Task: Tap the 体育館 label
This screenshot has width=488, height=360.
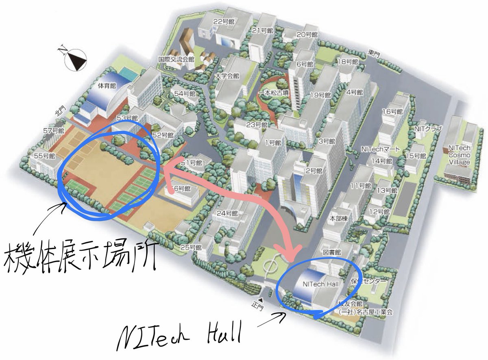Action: click(107, 86)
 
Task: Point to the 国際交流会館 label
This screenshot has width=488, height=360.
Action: click(176, 59)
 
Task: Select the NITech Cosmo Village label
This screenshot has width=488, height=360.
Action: click(459, 155)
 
